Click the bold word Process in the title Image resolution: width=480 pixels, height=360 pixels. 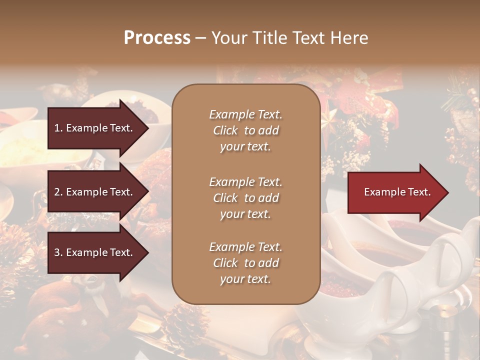pos(157,38)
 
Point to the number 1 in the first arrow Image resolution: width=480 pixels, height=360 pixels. pos(56,128)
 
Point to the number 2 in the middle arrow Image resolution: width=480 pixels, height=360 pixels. pos(56,192)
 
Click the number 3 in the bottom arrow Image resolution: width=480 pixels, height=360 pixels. pos(56,252)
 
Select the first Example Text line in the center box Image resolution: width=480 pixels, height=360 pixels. pos(245,114)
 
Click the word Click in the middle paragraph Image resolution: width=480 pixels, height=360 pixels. pos(225,198)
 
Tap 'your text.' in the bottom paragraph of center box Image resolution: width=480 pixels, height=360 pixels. pos(245,279)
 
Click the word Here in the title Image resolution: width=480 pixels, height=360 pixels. pos(350,38)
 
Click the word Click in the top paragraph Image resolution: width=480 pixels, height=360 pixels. pos(225,130)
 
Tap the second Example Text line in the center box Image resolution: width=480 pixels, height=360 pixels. pos(245,182)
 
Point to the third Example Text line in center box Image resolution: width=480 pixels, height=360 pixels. pos(245,247)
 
